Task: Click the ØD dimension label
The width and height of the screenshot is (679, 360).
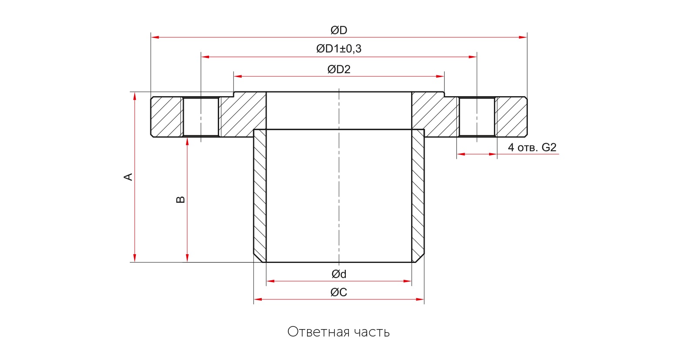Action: coord(338,30)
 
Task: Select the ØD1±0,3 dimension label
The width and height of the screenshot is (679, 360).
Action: coord(338,48)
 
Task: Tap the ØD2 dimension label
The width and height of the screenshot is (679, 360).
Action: coord(338,69)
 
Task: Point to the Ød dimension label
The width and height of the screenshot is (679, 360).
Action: coord(338,274)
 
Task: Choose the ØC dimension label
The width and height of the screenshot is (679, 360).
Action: coord(338,292)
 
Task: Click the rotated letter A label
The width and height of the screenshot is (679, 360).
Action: coord(128,177)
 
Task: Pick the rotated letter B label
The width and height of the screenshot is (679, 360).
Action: coord(180,199)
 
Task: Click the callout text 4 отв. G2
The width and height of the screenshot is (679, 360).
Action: coord(532,147)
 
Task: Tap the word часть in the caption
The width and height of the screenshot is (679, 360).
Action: coord(372,332)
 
